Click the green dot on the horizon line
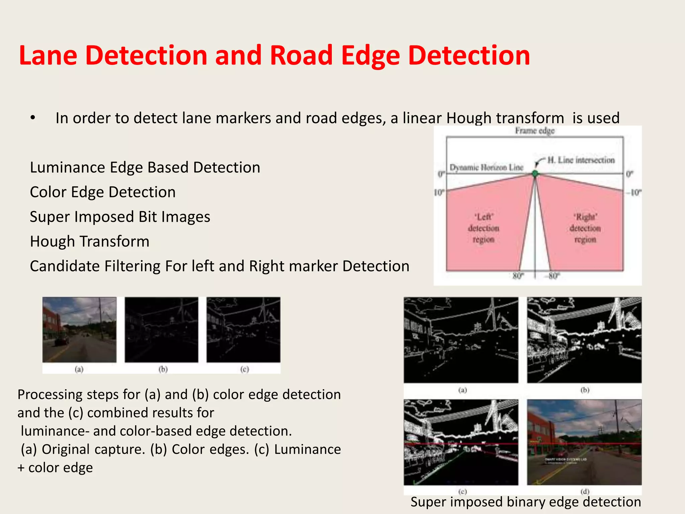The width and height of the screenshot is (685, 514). [535, 173]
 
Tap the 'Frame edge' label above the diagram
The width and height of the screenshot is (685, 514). [534, 131]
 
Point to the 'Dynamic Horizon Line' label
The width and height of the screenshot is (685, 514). [486, 167]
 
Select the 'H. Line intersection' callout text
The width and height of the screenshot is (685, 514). [581, 160]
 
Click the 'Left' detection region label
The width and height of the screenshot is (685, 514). [484, 228]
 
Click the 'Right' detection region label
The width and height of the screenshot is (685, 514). [585, 228]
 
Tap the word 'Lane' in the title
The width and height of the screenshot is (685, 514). [48, 56]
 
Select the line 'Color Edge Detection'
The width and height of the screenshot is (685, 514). [103, 192]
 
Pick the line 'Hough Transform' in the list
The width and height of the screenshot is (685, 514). [90, 241]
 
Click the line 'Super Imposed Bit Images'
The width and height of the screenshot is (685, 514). [120, 217]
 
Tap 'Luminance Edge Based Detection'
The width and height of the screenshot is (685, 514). [145, 167]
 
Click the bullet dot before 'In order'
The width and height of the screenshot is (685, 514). [32, 118]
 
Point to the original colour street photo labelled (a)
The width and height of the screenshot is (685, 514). [79, 329]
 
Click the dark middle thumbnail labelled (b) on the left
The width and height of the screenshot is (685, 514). [162, 329]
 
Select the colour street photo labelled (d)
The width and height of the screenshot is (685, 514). [584, 442]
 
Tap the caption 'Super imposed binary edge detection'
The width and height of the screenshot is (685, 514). [525, 502]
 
